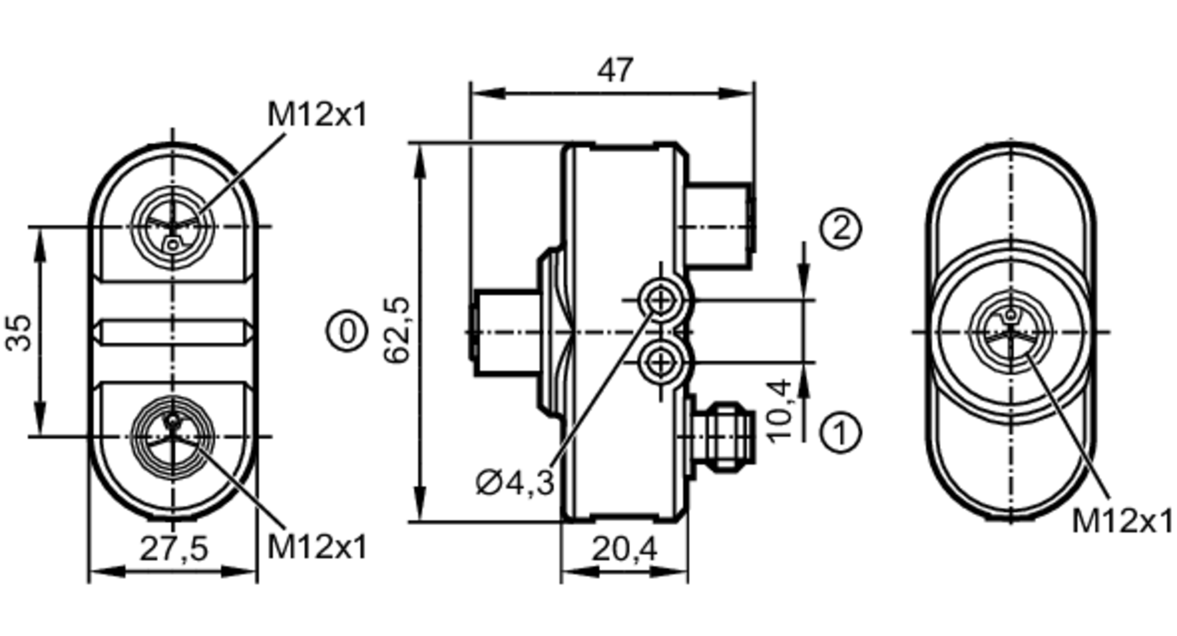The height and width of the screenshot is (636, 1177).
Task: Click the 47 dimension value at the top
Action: pyautogui.click(x=615, y=71)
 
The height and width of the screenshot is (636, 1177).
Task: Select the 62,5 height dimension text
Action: pyautogui.click(x=396, y=330)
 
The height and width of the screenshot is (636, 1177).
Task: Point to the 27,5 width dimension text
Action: pyautogui.click(x=174, y=549)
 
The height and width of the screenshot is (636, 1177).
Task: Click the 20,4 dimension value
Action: pyautogui.click(x=624, y=549)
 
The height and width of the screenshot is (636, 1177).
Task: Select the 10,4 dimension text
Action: pyautogui.click(x=779, y=410)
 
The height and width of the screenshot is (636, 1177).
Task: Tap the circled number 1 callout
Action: pyautogui.click(x=841, y=433)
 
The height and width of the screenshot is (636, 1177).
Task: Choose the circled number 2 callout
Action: pyautogui.click(x=841, y=228)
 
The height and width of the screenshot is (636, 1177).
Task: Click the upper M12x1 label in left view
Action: pyautogui.click(x=317, y=114)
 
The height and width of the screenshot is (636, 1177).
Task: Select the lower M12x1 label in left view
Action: pyautogui.click(x=317, y=546)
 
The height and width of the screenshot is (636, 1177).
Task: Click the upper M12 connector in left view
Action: pyautogui.click(x=172, y=227)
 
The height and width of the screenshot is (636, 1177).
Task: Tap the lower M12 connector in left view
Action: pyautogui.click(x=172, y=436)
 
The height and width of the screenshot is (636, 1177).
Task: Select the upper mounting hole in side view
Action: pyautogui.click(x=661, y=301)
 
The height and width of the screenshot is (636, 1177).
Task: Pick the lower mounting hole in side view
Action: pyautogui.click(x=661, y=362)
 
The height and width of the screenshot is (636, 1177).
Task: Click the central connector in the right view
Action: pyautogui.click(x=1011, y=332)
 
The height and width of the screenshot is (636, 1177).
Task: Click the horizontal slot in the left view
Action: pyautogui.click(x=174, y=333)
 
